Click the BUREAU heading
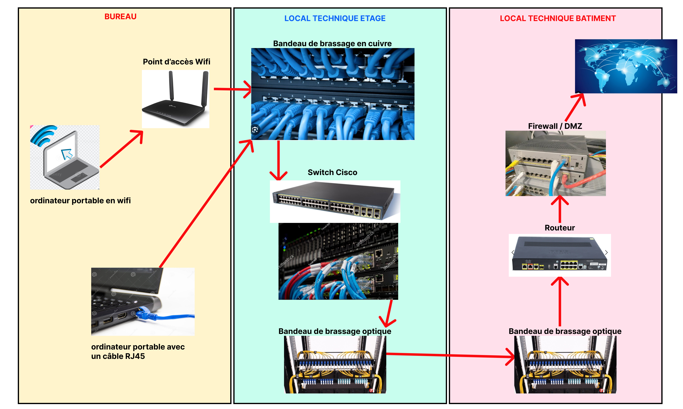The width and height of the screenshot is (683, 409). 120,17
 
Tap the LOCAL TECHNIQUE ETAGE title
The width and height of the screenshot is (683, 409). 335,18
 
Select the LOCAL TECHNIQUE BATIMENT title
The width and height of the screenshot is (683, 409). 558,18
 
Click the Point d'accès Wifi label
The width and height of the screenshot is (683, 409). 176,62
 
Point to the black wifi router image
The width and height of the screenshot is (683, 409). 175,99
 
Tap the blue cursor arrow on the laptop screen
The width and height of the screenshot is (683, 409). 67,154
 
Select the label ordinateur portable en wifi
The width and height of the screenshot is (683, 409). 80,201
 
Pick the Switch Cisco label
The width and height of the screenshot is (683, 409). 332,173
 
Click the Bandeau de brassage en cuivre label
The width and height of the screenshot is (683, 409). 332,44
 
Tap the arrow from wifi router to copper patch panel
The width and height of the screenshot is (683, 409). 231,89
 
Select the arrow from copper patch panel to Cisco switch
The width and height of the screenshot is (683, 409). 279,160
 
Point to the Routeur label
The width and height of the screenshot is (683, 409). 559,228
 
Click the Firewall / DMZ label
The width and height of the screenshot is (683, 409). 555,126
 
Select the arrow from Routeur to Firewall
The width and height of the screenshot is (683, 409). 559,209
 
